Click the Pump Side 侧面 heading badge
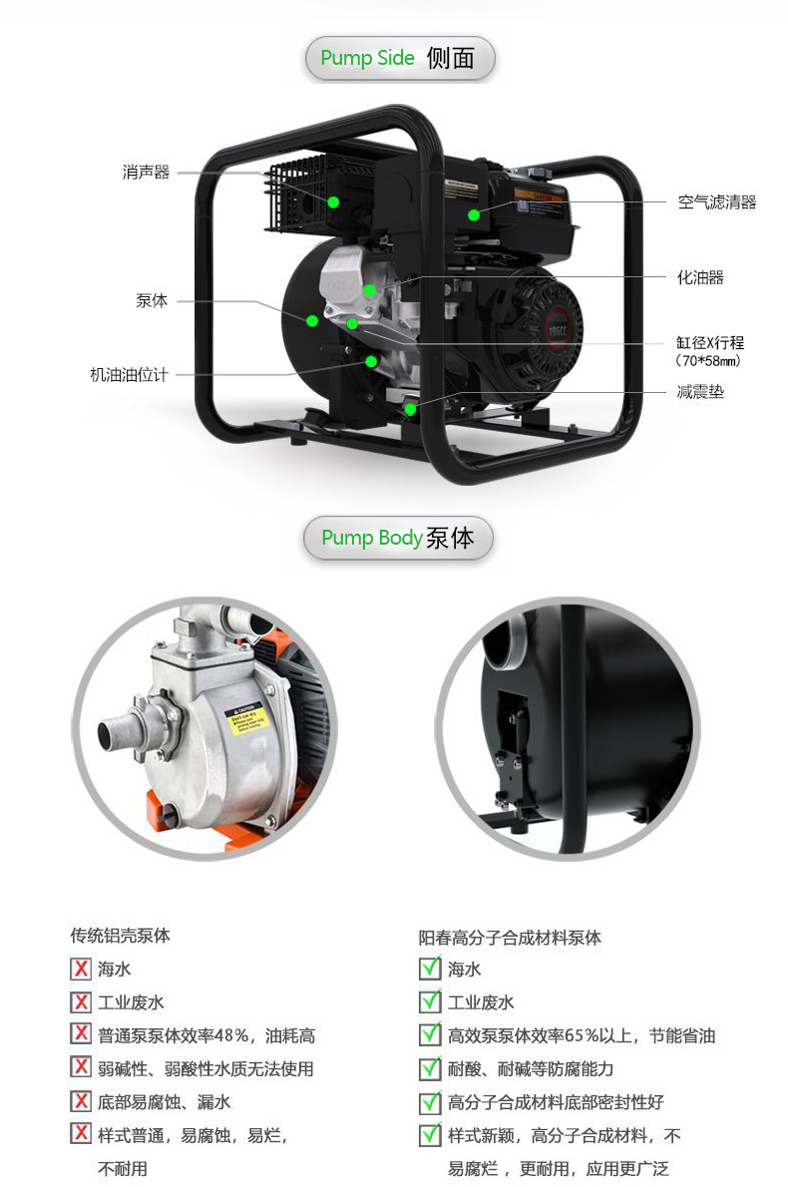[399, 59]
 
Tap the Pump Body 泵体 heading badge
[398, 539]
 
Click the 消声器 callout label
[147, 173]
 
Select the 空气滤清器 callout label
[716, 202]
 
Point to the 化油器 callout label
[700, 277]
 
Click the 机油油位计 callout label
[129, 375]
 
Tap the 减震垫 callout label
[700, 392]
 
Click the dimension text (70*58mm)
[708, 361]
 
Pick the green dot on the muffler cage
[333, 201]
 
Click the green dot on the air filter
[473, 213]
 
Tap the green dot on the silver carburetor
[369, 291]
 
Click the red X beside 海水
[81, 969]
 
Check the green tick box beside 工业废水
[430, 1001]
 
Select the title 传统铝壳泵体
[120, 936]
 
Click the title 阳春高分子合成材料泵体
[510, 938]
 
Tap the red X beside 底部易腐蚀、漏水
[81, 1101]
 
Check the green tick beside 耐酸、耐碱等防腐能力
[430, 1068]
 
